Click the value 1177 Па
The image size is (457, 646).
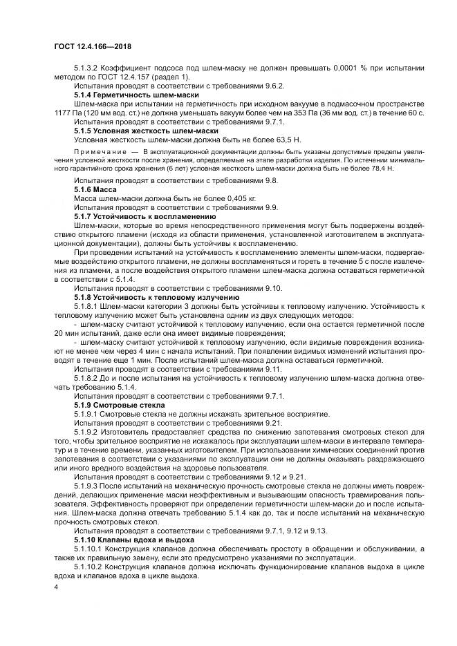[x=66, y=112]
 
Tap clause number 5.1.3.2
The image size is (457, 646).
[x=86, y=67]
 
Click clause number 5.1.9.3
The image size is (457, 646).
[x=86, y=485]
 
